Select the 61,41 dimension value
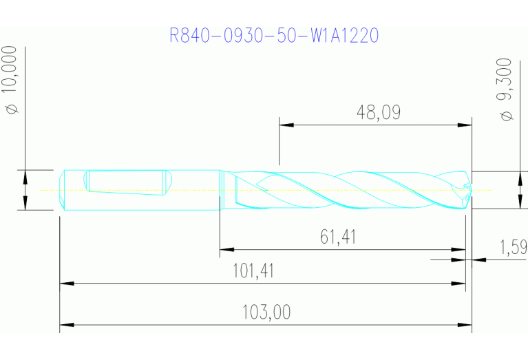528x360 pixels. (x=338, y=237)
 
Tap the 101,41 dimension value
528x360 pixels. (x=254, y=271)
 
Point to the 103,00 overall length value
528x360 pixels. (x=266, y=313)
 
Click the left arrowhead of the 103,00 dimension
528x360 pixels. (x=65, y=324)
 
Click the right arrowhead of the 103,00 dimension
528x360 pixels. (x=466, y=324)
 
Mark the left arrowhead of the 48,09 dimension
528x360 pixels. (x=285, y=125)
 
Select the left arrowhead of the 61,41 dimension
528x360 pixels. (x=225, y=249)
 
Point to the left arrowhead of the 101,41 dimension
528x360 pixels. (x=65, y=282)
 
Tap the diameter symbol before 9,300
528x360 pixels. (x=507, y=115)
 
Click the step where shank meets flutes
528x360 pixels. (x=220, y=189)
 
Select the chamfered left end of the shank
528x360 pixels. (x=62, y=189)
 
